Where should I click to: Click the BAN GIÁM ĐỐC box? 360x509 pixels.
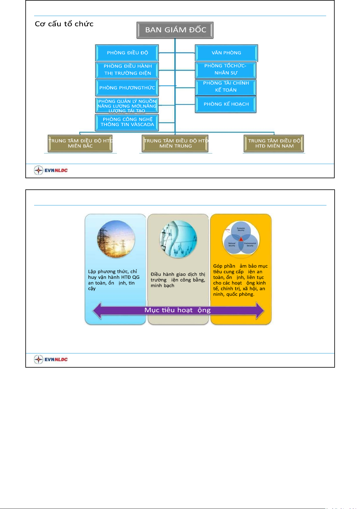click(175, 30)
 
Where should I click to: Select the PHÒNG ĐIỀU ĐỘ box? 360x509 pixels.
click(127, 53)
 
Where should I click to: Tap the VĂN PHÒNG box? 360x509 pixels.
click(226, 53)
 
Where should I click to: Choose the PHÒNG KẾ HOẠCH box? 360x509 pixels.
click(226, 104)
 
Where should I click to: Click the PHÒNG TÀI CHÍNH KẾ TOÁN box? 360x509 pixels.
click(226, 87)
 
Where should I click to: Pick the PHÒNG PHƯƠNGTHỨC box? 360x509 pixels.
click(127, 88)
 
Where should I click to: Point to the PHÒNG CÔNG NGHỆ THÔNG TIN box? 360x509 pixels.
click(127, 122)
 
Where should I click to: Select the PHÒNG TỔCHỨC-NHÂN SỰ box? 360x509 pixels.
click(226, 69)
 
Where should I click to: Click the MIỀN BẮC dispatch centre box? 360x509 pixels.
click(80, 143)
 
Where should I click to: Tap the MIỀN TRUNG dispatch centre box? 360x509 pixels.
click(175, 143)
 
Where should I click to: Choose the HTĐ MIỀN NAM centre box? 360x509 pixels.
click(274, 143)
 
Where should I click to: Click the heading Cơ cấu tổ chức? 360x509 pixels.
click(64, 24)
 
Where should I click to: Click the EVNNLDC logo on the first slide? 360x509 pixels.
click(51, 170)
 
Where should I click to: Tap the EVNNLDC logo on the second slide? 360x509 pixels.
click(51, 359)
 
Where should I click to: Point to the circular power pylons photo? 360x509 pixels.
click(116, 239)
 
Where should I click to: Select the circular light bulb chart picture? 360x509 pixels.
click(178, 239)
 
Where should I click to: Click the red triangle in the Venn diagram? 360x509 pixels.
click(241, 239)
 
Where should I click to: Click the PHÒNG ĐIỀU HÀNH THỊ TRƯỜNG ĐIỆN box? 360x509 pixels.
click(127, 70)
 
